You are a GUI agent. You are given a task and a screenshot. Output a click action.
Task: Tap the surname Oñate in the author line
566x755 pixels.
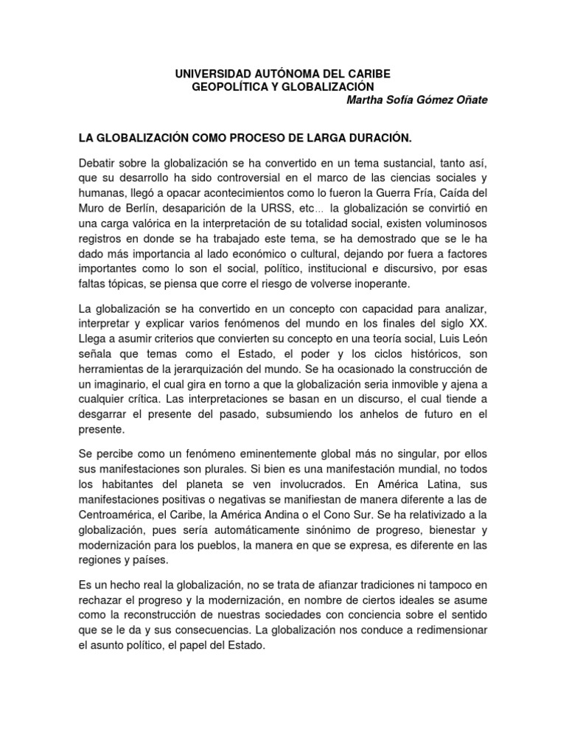[x=467, y=100]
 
